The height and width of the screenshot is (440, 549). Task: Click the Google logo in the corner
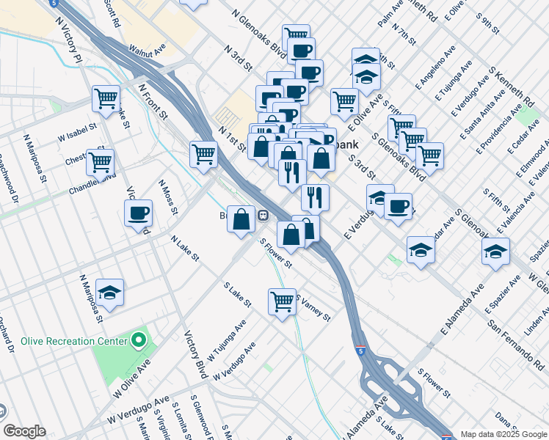coord(23,431)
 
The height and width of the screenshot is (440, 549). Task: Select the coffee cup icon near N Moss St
coord(138,213)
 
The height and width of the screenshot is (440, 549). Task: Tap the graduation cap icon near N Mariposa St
coord(109,293)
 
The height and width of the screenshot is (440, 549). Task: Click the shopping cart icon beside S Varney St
coord(282,301)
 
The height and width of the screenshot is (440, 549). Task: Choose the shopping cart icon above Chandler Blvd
coord(101,161)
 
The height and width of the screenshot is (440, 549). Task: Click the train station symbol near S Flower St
coord(262,216)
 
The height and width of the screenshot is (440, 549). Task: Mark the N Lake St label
coord(185,248)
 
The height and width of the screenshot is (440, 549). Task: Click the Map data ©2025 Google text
coord(503,434)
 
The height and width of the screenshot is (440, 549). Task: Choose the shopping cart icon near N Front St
coord(203,153)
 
